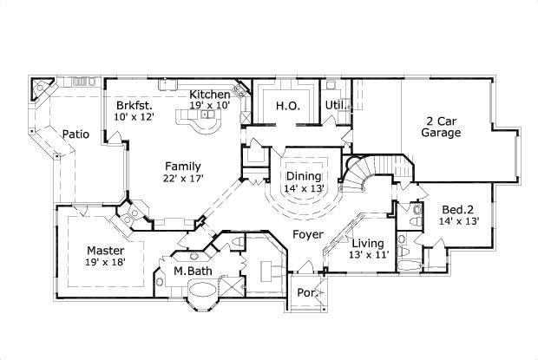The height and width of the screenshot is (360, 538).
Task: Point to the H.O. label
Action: coord(288,106)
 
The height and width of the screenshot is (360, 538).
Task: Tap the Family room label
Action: coord(182,166)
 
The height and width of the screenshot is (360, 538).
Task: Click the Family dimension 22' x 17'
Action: coord(182,179)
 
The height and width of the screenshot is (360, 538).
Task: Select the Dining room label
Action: coord(304,176)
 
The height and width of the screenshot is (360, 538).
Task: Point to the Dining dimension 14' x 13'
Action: coord(304,188)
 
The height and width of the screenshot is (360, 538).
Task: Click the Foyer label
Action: coord(308,234)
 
